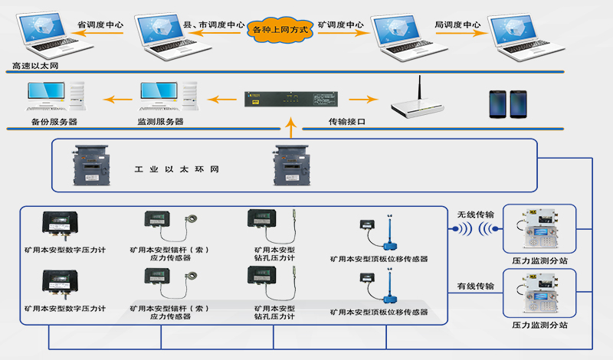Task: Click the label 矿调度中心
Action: tap(339, 25)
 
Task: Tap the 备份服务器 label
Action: tap(54, 122)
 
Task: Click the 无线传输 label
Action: tap(475, 214)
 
